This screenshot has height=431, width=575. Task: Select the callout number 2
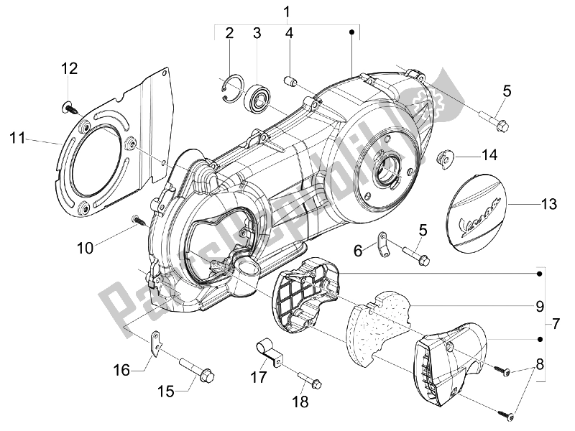tap(230, 33)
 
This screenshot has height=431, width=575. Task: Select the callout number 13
tap(548, 205)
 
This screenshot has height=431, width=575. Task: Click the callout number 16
tap(121, 370)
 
